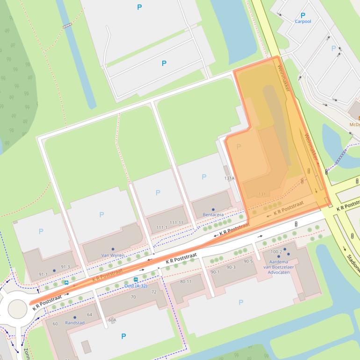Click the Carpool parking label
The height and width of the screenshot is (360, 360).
coord(302,22)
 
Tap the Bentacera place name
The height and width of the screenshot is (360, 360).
coord(213,215)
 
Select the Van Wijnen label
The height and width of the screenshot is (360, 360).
coord(113,255)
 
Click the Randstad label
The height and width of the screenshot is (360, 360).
coord(75,323)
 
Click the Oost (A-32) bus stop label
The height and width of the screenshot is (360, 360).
coord(136,286)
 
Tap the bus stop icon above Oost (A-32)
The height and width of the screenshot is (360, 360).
coord(136,280)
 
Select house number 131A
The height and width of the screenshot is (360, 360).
coord(229,178)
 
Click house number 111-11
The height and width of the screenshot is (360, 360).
coord(176,223)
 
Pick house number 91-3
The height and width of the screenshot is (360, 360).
coord(65,267)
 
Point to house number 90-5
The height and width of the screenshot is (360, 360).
coord(247,261)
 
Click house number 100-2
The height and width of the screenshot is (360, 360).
coord(276,252)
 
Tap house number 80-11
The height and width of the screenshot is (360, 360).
coord(186,281)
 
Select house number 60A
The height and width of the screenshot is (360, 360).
coord(112,320)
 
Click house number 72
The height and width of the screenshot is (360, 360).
coord(154,292)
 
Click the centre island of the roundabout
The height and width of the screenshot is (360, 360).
coord(17,309)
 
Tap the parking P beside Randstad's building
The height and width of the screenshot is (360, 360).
coord(123,336)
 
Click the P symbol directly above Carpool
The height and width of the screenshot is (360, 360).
coord(302,15)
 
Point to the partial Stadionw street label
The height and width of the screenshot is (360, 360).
coord(353,263)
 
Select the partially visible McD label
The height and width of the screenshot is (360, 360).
coord(354,125)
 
